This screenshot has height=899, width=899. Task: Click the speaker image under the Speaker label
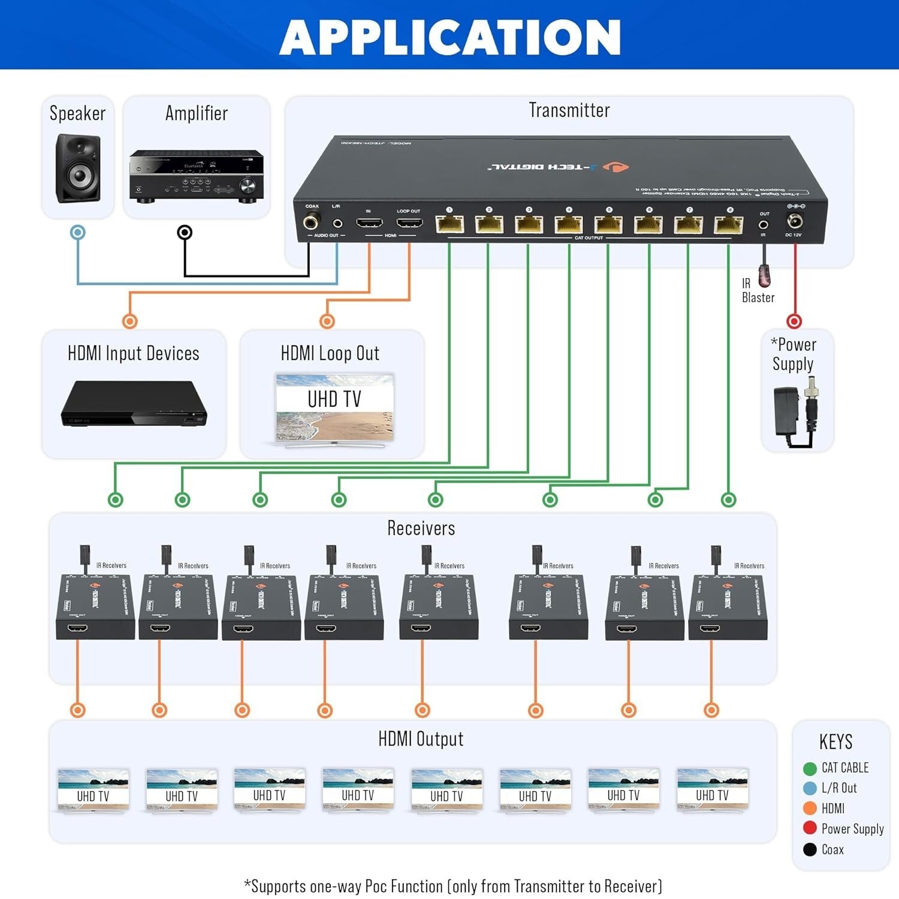coord(78,169)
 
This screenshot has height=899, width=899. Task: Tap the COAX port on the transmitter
coord(310,223)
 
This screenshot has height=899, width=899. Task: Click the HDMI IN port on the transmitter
coord(369,224)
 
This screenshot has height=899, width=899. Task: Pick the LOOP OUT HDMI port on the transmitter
coord(409,224)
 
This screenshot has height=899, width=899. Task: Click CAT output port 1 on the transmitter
coord(450,225)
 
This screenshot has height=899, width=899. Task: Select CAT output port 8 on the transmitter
coord(729,225)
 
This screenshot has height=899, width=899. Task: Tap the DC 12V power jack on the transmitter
coord(795,221)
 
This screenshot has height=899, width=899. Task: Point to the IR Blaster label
coord(758,291)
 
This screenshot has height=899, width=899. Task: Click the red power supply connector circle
coord(794,321)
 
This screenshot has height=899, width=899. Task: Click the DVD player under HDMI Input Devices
coord(134,404)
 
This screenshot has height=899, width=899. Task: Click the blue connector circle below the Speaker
coord(78,233)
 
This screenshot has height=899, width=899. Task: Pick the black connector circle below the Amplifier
coord(185,233)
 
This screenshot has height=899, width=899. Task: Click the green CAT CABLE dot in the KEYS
coord(810,768)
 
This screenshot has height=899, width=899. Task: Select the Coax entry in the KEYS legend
coord(832,849)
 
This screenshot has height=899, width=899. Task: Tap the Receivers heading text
coord(421,528)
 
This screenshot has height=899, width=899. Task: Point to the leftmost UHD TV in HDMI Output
coord(93,791)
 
